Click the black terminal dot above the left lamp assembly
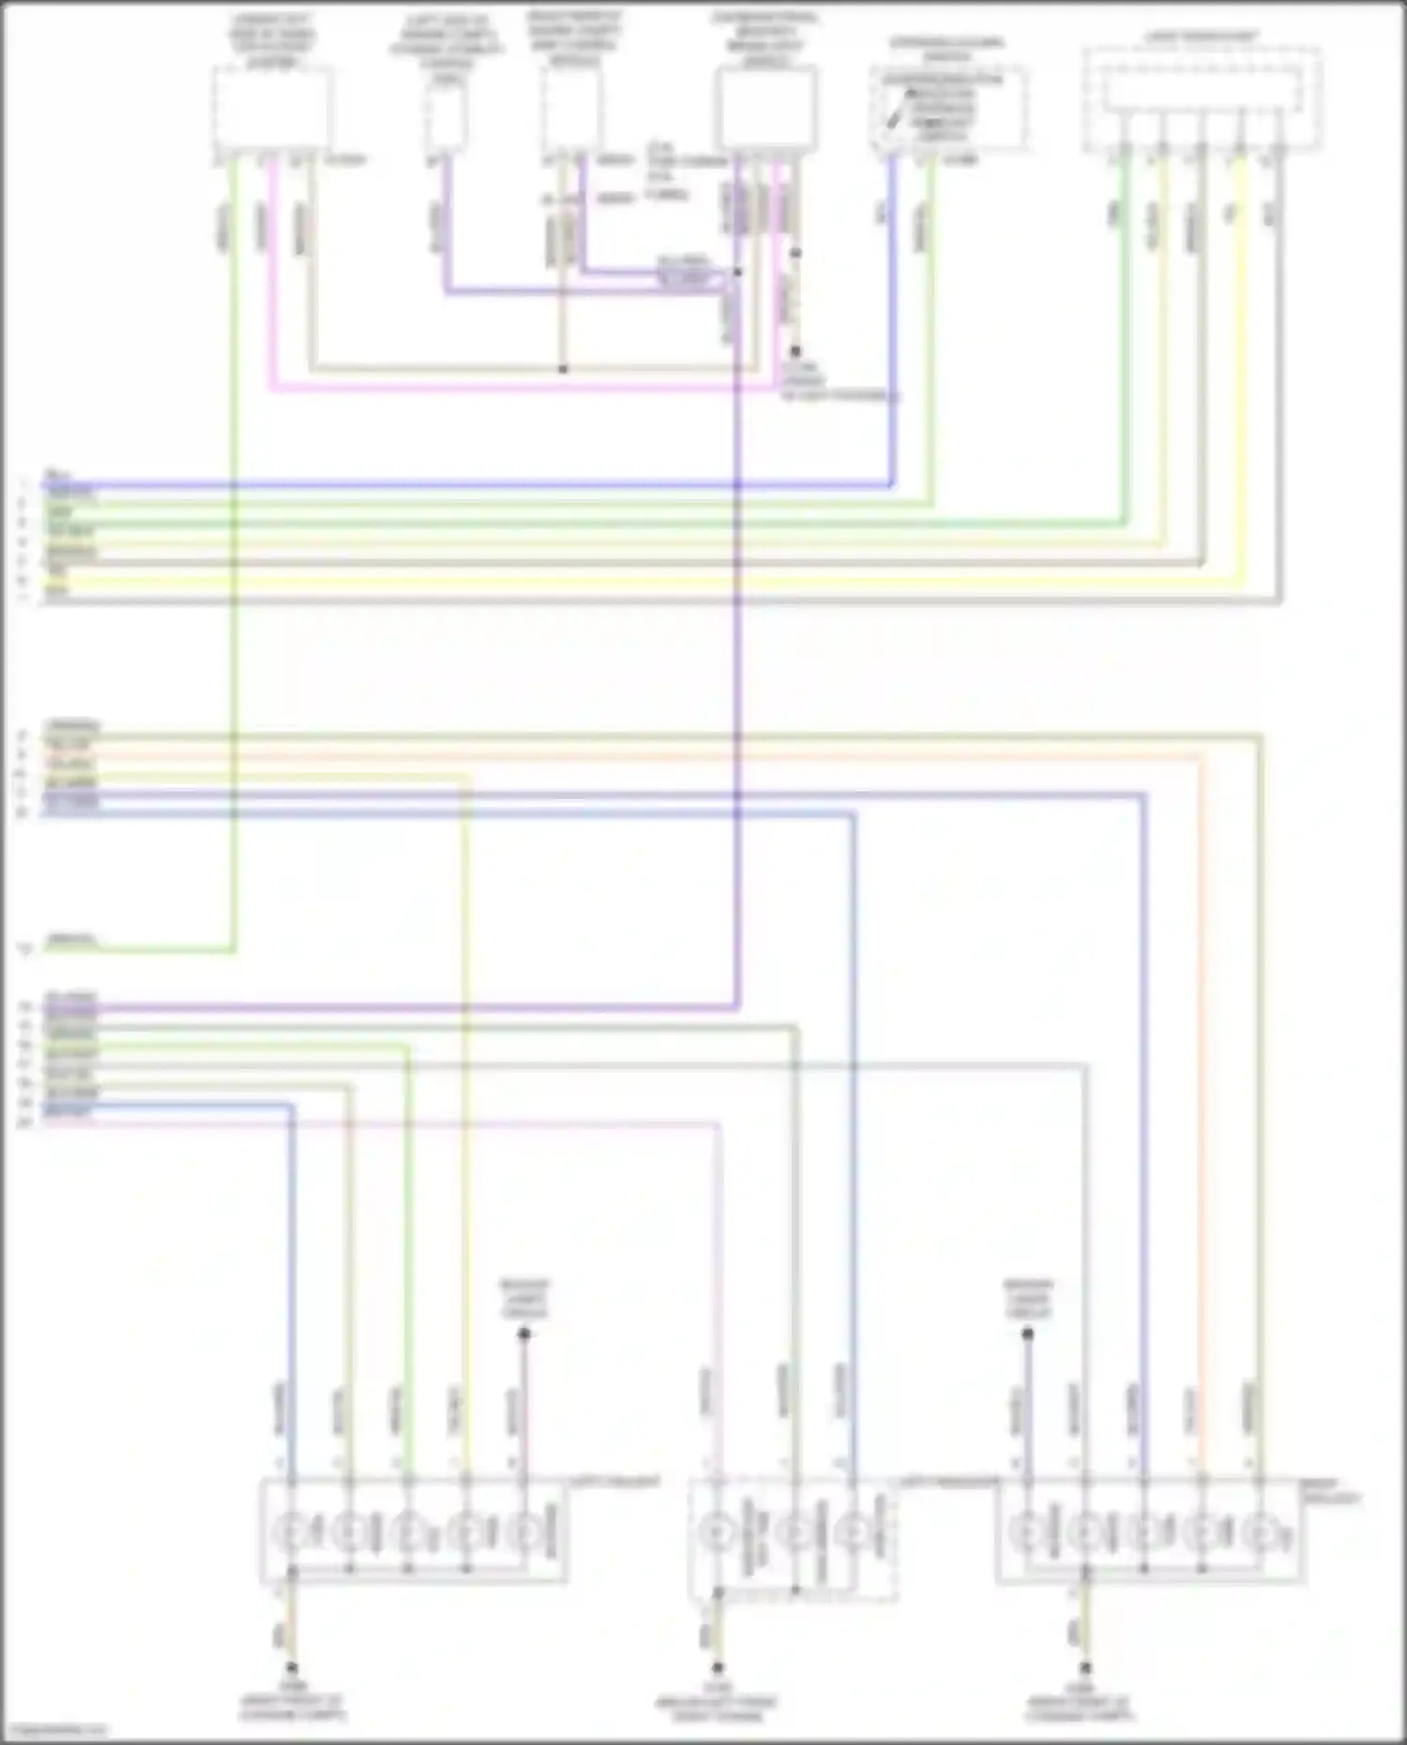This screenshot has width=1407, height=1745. [524, 1333]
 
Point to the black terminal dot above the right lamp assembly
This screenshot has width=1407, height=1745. [1027, 1333]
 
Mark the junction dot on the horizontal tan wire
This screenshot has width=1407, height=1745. [563, 369]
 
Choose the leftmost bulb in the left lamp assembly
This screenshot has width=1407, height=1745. [292, 1533]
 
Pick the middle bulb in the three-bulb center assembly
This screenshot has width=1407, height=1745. [794, 1533]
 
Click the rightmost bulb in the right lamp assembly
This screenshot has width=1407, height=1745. [1257, 1533]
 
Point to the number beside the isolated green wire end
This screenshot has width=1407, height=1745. [25, 949]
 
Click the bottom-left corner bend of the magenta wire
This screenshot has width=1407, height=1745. [271, 387]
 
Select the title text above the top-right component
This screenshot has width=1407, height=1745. [1201, 38]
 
